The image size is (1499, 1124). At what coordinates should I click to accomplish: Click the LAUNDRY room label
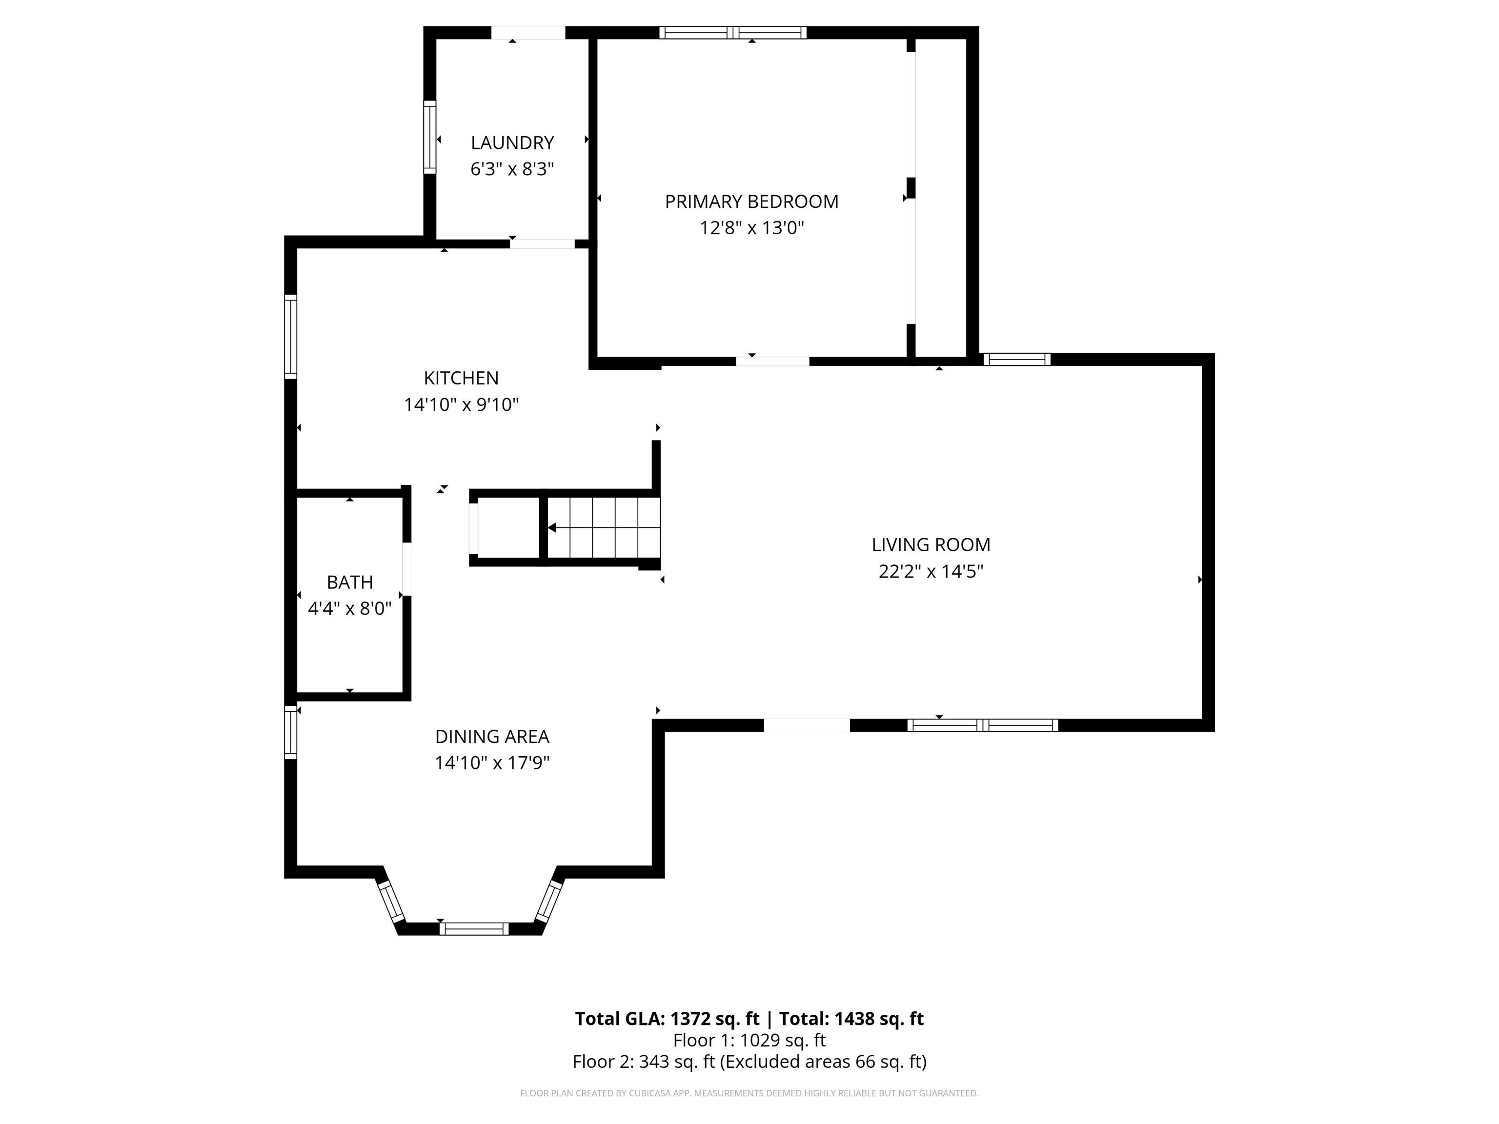pos(512,143)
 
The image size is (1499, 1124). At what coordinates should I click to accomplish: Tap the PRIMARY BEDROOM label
pos(751,202)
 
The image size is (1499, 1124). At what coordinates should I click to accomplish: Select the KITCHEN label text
pos(462,378)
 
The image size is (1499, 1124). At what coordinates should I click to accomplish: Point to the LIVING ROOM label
pos(931,545)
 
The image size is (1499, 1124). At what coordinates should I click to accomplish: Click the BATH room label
pos(350,582)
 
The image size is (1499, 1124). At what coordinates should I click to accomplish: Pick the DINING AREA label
pos(492,737)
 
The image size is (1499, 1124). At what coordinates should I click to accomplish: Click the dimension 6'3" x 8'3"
pos(512,169)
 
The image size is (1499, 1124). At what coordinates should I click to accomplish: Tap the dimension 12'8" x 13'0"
pos(751,228)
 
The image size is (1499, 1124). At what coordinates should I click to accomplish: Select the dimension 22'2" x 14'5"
pos(931,571)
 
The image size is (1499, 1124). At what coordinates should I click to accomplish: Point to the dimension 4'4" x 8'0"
pos(350,608)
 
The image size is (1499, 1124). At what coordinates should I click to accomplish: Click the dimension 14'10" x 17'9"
pos(492,763)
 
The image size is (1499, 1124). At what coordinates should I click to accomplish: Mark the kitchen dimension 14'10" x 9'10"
pos(462,404)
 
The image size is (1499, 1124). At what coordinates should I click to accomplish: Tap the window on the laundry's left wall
pos(429,137)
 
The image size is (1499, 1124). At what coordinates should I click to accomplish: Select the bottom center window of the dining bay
pos(474,929)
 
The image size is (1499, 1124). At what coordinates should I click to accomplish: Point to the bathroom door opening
pos(406,569)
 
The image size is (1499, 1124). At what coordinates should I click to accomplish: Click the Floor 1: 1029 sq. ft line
pos(749,1040)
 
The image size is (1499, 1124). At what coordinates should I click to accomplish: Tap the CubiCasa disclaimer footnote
pos(749,1093)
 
